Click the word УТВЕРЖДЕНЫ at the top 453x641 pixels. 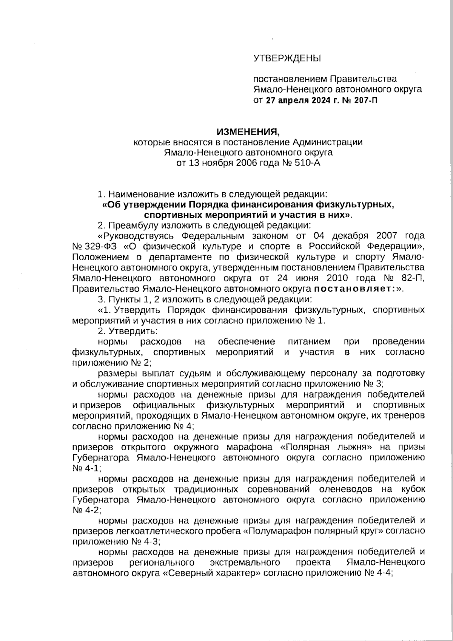pos(287,58)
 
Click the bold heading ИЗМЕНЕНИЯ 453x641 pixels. pos(248,132)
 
